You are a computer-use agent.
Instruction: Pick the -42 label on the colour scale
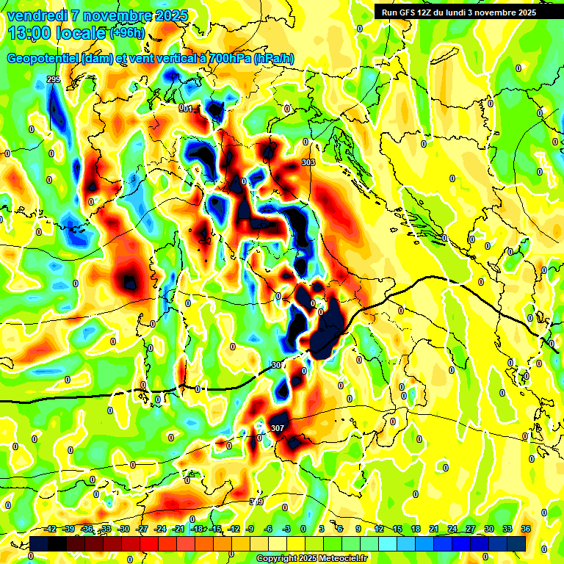[x=51, y=529]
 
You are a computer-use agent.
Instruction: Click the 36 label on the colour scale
[x=526, y=529]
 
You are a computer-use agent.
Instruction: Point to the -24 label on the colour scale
[x=161, y=529]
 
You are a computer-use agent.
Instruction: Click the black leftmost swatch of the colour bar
[x=40, y=543]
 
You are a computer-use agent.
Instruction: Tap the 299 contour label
[x=53, y=79]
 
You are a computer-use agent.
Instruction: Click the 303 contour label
[x=308, y=162]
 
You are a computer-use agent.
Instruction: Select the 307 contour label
[x=277, y=428]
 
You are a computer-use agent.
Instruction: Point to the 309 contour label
[x=256, y=502]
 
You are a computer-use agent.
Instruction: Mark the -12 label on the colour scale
[x=234, y=529]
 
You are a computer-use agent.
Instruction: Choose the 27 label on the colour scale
[x=471, y=529]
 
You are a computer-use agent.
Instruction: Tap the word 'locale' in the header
[x=82, y=32]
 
